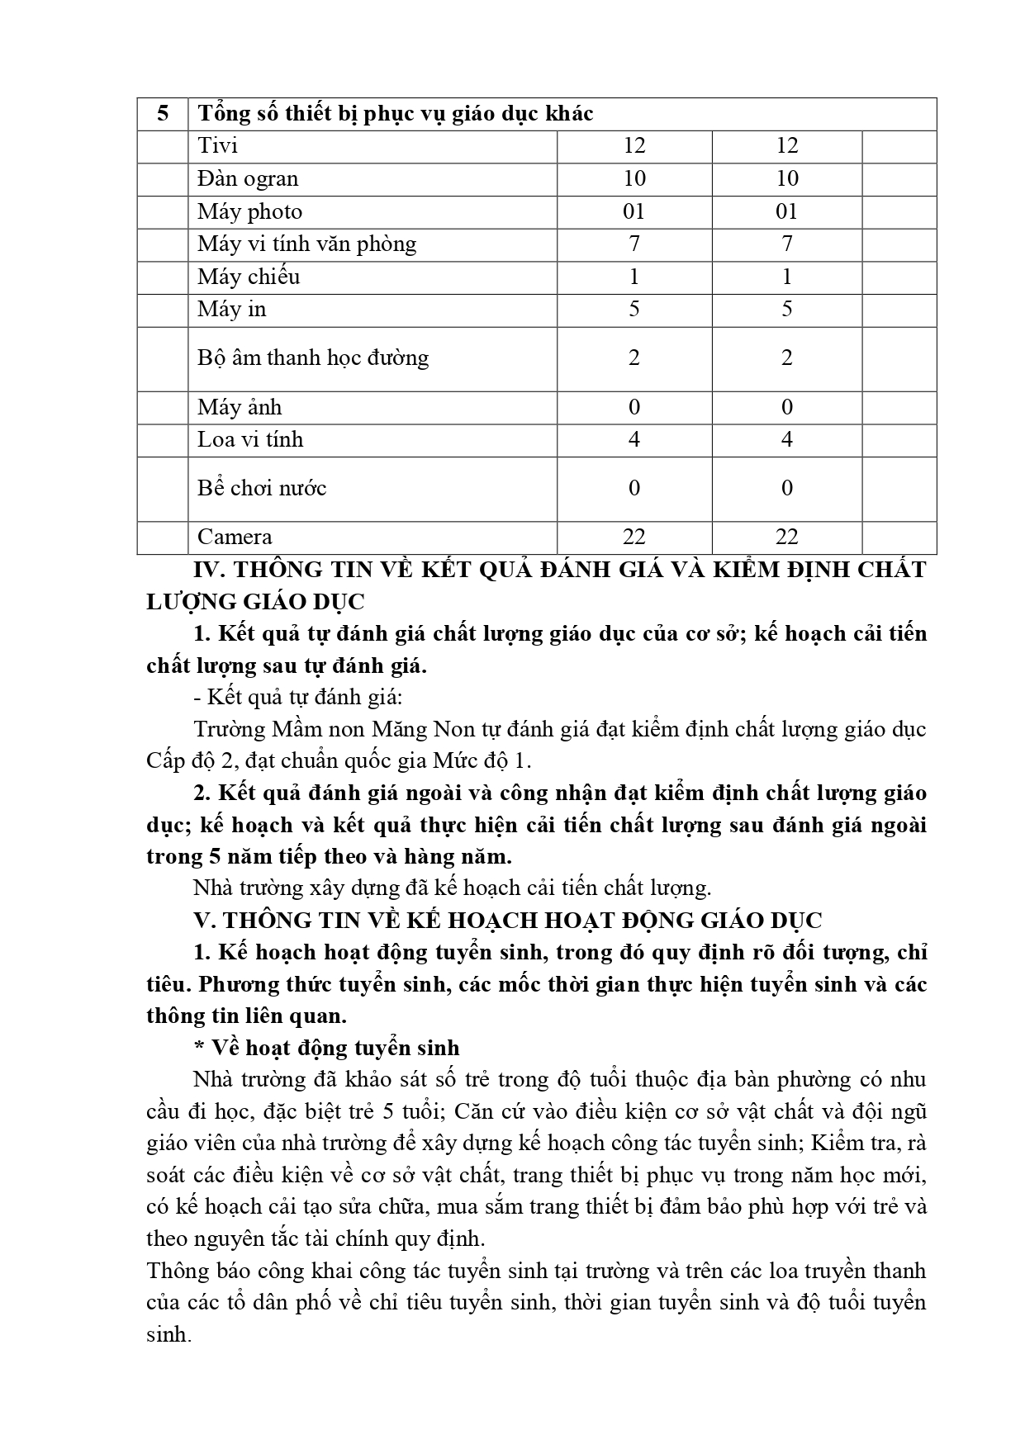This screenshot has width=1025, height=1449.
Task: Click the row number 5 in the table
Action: click(x=163, y=113)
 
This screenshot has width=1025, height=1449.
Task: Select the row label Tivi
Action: click(x=217, y=146)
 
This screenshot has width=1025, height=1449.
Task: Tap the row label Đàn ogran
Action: click(x=248, y=178)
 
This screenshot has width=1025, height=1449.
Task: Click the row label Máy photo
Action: click(x=249, y=211)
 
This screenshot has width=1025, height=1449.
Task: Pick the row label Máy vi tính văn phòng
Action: click(x=306, y=244)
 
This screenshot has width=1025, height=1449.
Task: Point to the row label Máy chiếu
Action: click(x=248, y=277)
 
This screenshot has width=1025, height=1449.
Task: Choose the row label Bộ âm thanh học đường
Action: click(x=313, y=358)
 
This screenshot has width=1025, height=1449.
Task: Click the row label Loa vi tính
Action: click(x=250, y=439)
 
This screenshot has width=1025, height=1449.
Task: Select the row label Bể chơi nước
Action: click(x=262, y=488)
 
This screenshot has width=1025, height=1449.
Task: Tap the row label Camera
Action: click(x=235, y=537)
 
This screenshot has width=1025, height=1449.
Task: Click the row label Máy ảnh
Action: click(x=240, y=407)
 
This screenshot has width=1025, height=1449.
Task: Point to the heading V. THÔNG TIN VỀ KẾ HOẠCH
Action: click(x=507, y=921)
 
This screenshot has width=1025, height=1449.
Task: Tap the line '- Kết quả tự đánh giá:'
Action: click(x=297, y=697)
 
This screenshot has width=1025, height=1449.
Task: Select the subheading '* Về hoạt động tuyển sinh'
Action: click(x=326, y=1048)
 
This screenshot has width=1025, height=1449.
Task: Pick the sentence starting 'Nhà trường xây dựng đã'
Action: click(x=451, y=888)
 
